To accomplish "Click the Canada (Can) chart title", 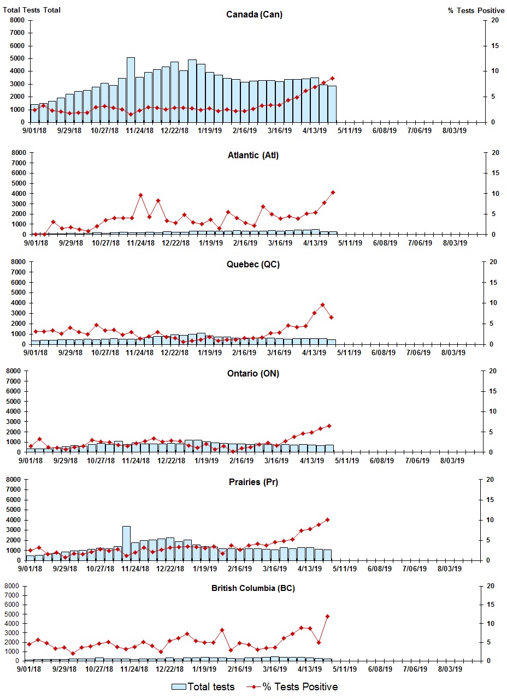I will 254,14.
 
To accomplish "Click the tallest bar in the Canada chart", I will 131,90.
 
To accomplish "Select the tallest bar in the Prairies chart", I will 126,543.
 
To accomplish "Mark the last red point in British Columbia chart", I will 327,616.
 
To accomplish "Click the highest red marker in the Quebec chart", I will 323,305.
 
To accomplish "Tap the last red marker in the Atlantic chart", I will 333,192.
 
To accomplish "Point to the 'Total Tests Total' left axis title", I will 32,10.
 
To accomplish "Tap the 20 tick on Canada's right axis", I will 494,20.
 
